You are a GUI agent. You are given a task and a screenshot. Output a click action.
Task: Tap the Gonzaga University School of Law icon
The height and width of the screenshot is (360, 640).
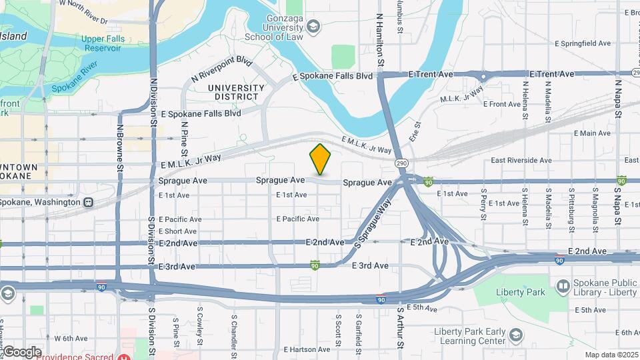tap(313, 26)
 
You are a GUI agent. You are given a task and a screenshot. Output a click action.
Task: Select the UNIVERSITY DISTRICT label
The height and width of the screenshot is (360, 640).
tap(236, 93)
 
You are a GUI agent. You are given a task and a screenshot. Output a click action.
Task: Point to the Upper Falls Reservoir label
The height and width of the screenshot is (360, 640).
tap(103, 43)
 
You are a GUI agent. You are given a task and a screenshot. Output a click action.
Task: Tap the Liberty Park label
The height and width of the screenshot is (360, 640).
tap(523, 292)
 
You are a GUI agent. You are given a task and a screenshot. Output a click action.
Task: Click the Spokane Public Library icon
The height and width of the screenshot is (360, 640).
tap(564, 287)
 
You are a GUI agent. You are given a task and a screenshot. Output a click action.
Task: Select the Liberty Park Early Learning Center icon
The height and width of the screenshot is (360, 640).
tap(515, 335)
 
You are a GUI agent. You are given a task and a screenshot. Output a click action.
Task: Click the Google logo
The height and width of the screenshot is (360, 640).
tap(21, 351)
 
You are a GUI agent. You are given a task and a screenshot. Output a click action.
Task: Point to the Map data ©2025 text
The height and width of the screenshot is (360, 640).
tap(611, 355)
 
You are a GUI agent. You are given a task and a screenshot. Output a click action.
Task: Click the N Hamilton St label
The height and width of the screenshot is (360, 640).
tap(380, 40)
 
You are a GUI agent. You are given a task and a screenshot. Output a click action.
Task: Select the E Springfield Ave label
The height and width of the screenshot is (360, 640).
tap(583, 43)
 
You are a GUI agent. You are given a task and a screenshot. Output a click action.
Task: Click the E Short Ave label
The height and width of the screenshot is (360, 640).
tap(177, 231)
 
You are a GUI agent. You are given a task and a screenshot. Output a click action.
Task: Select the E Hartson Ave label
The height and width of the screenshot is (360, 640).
tap(307, 349)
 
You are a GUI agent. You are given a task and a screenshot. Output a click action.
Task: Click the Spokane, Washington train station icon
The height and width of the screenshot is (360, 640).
tap(87, 202)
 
